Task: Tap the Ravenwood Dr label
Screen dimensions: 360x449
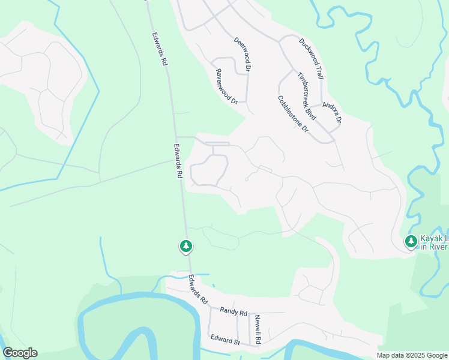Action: [227, 86]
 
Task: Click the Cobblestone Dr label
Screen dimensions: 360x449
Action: [293, 114]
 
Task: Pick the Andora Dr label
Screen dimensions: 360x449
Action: [332, 112]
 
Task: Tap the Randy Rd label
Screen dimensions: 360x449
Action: [234, 312]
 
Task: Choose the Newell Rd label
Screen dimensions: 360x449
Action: [258, 329]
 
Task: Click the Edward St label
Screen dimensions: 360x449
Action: [226, 341]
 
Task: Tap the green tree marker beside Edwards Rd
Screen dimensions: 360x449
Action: [186, 246]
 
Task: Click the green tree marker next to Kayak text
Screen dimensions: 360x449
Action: [411, 242]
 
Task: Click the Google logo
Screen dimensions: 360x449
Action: [20, 353]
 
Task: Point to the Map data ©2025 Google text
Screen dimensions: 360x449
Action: [411, 355]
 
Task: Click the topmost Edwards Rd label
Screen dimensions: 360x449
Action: [159, 53]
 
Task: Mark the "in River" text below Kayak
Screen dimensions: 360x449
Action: [433, 247]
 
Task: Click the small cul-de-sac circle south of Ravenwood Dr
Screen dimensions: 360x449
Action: [247, 179]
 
